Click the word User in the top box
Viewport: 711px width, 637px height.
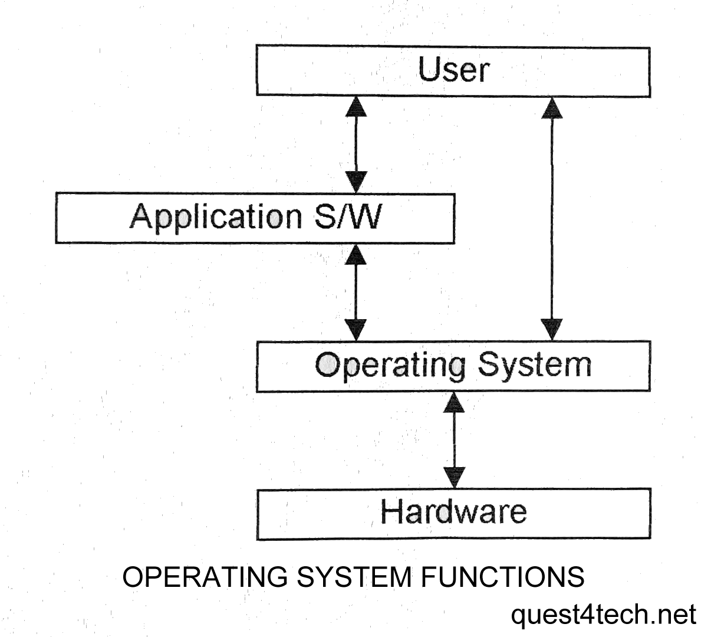point(453,70)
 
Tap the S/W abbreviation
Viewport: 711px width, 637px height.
point(347,216)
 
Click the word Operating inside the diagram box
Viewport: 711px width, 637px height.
point(390,366)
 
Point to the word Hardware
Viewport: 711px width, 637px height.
point(453,511)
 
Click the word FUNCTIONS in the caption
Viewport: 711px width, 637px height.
point(502,577)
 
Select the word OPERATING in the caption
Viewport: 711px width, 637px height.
point(205,577)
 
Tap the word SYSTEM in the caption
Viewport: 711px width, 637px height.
point(354,577)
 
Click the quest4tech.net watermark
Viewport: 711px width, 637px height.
point(603,615)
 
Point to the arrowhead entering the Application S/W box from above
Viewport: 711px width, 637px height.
point(356,182)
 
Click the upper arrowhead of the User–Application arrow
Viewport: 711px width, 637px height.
point(356,106)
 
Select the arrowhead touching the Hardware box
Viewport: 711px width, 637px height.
point(455,478)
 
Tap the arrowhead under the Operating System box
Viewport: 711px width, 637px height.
point(454,402)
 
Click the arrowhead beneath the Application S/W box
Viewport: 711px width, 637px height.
point(356,255)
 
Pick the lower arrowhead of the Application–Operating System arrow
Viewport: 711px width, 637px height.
point(356,330)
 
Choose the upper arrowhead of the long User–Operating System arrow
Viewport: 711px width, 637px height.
point(552,108)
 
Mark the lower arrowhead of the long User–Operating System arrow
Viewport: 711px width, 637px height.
point(552,329)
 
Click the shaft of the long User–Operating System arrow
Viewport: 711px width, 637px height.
point(552,218)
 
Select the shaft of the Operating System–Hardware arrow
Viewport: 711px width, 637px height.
point(455,440)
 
